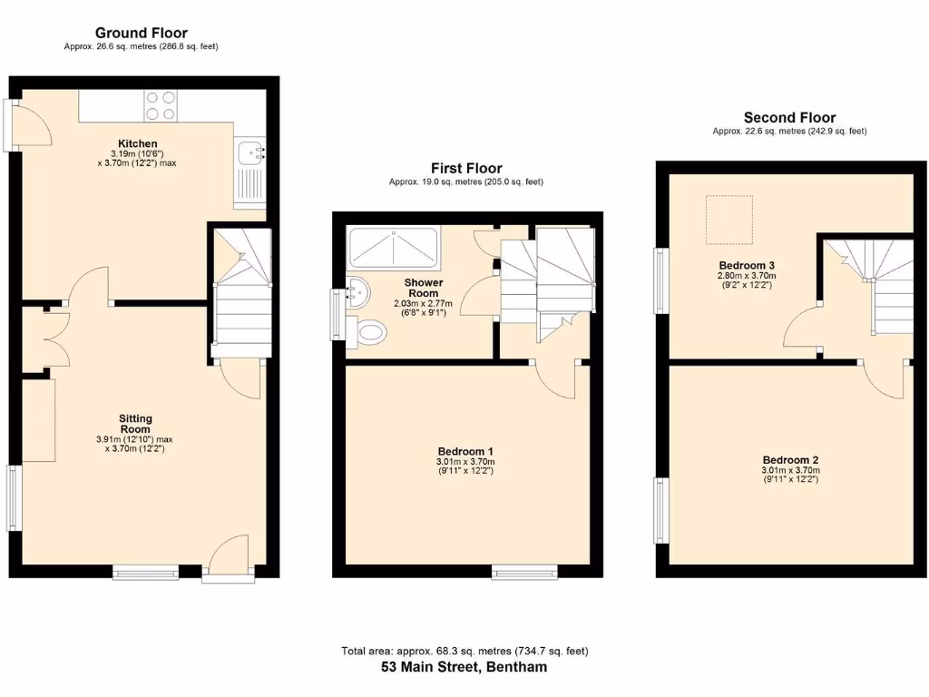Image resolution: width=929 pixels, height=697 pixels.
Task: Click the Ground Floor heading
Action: pos(141,34)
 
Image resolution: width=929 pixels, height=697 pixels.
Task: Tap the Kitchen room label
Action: pos(135,143)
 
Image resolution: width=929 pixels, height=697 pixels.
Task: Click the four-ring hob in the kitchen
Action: pos(161,105)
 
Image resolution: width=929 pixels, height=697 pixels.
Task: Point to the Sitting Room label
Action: pos(135,424)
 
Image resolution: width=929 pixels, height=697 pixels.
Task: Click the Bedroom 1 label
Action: pos(465,451)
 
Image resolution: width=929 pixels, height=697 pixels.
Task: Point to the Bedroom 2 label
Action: pos(790,459)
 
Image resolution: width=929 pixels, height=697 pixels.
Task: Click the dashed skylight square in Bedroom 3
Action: pos(729,219)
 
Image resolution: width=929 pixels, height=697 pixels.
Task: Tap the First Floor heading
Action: pos(466,169)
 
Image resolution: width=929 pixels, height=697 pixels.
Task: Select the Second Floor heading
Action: pos(789,118)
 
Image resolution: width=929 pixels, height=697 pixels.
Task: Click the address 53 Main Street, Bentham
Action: pos(464,667)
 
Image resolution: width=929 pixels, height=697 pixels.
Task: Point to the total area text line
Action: pos(464,651)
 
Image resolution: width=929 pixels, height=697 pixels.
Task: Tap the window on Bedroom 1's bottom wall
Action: pos(524,572)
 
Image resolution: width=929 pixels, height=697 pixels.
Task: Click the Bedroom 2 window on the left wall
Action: pos(660,509)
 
